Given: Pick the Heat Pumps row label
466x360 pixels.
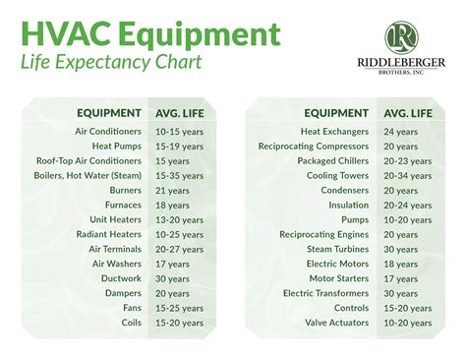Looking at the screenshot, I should (114, 145).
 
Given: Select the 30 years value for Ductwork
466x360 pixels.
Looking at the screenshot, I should (173, 277).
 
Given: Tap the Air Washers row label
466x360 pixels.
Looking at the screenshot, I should (116, 264).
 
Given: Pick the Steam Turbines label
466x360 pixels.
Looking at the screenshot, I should (341, 250).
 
